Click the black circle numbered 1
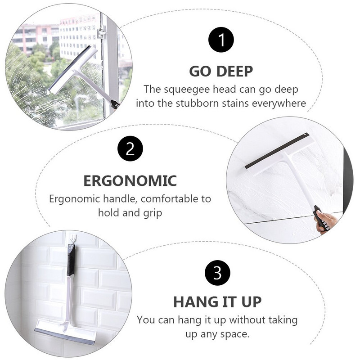(x=221, y=40)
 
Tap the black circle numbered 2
(x=130, y=148)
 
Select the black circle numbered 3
(x=217, y=273)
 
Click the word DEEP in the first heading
(x=234, y=71)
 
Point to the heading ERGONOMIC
(x=130, y=181)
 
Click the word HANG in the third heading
(x=195, y=301)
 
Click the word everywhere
(x=279, y=103)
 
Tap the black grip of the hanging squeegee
(x=71, y=260)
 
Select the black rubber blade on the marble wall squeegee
(x=276, y=151)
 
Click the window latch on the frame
(x=101, y=33)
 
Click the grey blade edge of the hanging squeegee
(x=64, y=337)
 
